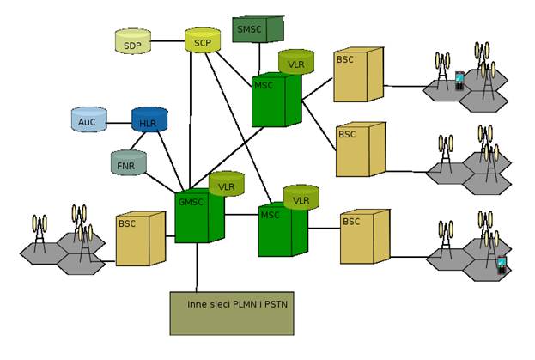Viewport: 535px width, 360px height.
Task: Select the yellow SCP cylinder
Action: pos(203,40)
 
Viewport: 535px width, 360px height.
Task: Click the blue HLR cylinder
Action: pos(149,120)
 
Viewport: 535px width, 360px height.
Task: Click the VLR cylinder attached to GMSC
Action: pos(228,185)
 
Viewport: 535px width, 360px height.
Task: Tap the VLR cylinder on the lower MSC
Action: pos(301,198)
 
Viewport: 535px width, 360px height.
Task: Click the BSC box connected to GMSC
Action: pos(136,236)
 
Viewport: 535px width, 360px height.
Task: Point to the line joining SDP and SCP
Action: pos(167,40)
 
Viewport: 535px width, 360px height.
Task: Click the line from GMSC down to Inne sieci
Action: pos(197,266)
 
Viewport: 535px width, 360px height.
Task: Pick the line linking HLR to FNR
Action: pos(137,142)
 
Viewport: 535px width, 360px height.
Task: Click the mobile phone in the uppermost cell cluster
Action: pos(459,81)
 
